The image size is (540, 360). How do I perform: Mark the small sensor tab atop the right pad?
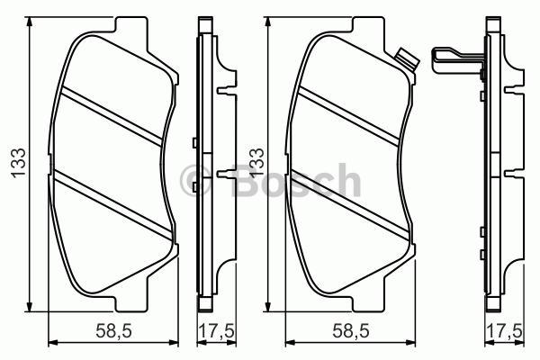point(406,61)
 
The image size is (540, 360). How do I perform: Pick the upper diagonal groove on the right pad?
point(355,112)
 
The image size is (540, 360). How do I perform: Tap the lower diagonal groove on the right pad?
point(355,202)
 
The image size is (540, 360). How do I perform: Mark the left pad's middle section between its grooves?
point(112,157)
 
